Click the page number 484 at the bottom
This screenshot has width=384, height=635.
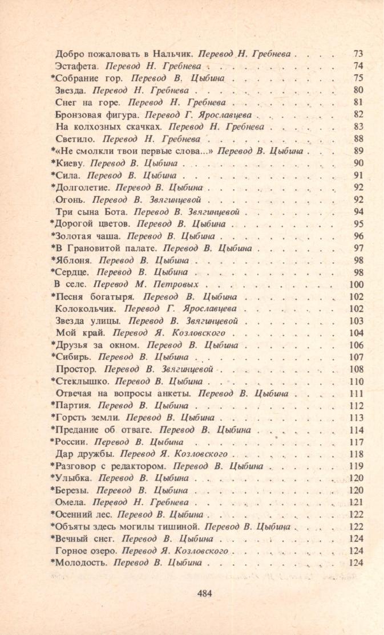(204, 593)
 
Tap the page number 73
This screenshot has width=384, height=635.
(358, 54)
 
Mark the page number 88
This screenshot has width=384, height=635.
(358, 139)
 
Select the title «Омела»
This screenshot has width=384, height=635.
(71, 502)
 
